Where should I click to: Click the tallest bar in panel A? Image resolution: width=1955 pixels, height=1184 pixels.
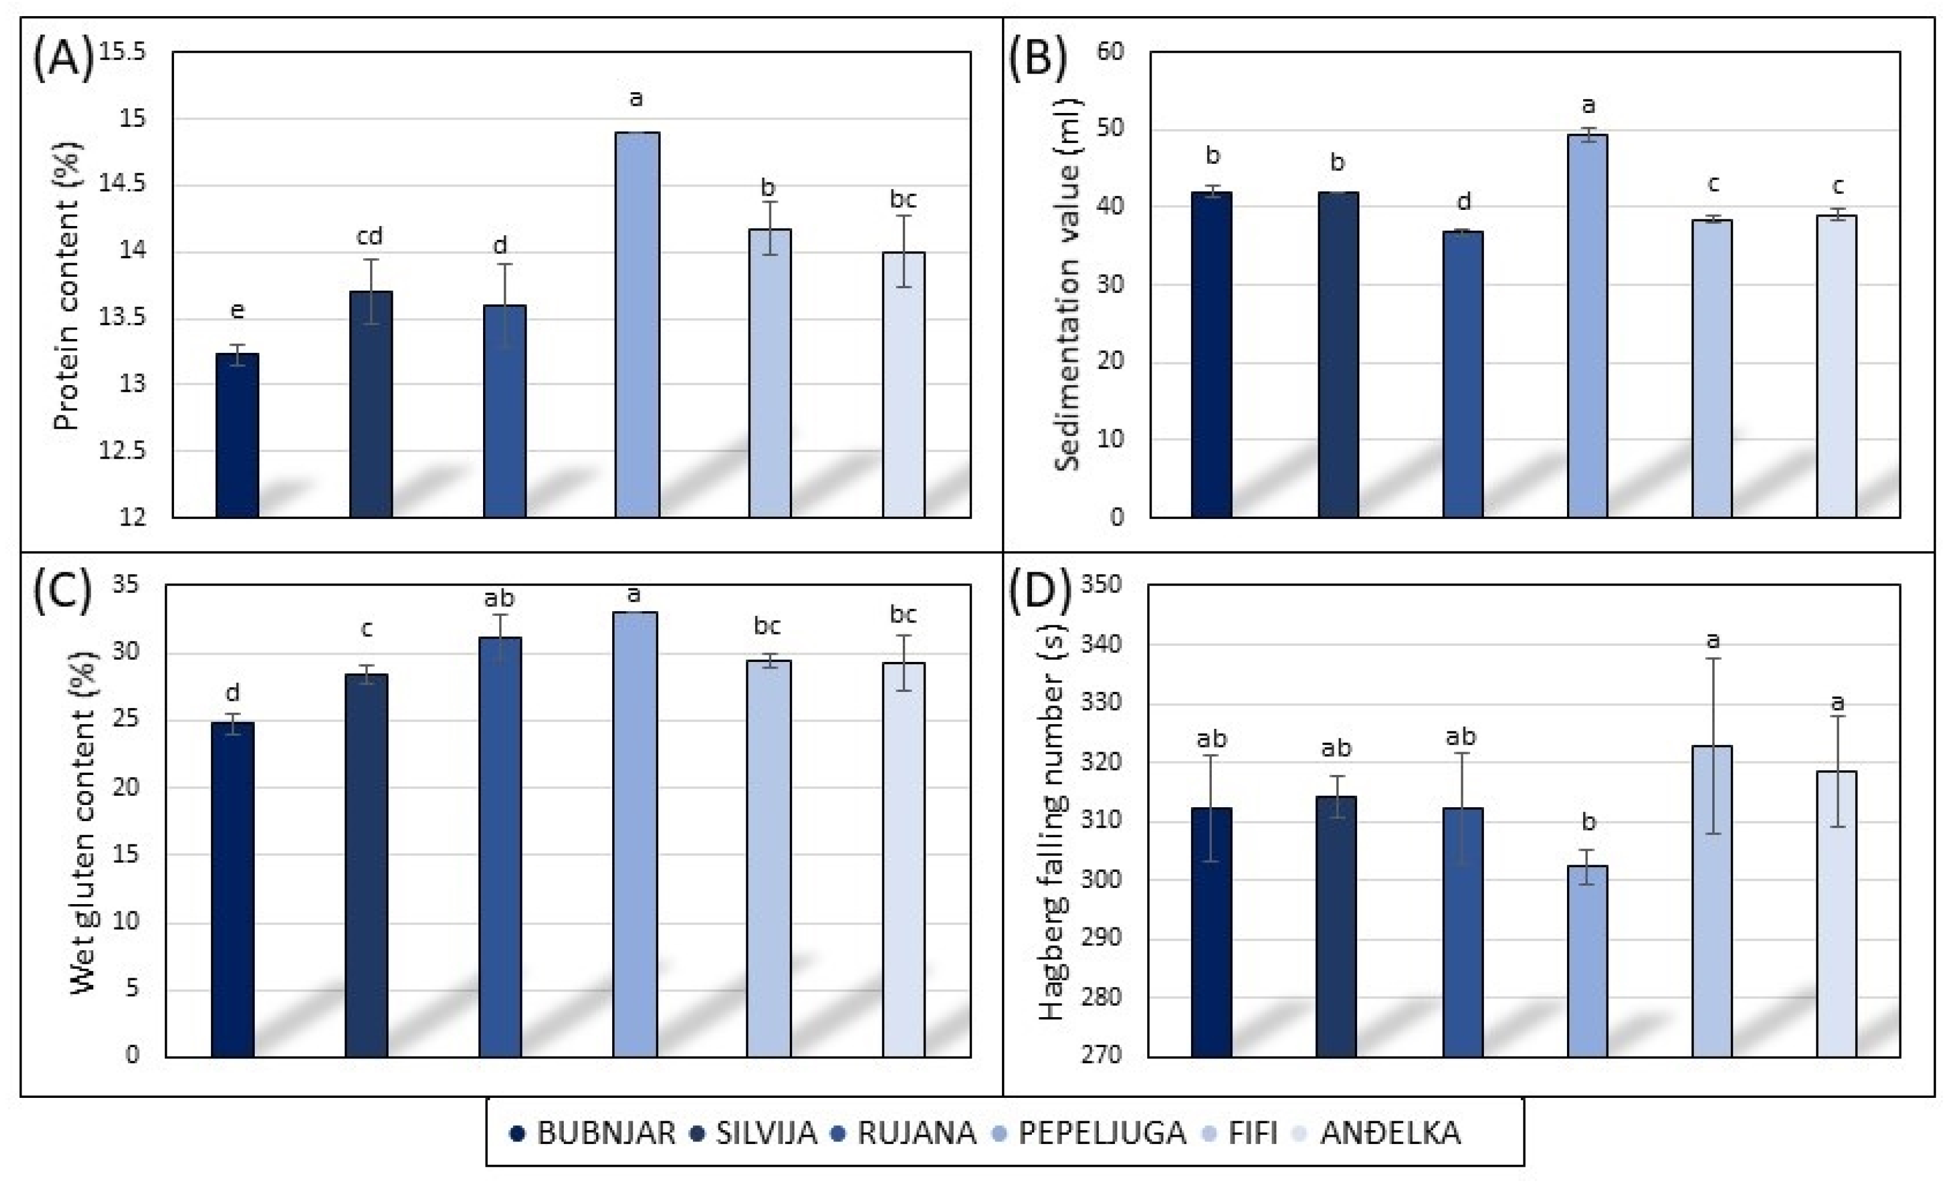pyautogui.click(x=637, y=325)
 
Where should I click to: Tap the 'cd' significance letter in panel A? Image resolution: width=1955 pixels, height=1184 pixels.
pyautogui.click(x=369, y=236)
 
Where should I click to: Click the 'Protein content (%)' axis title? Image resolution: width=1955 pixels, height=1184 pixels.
pyautogui.click(x=68, y=286)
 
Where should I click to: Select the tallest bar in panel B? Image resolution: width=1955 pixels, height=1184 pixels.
pyautogui.click(x=1588, y=325)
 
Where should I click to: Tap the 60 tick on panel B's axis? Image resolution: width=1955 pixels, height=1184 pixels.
pyautogui.click(x=1110, y=51)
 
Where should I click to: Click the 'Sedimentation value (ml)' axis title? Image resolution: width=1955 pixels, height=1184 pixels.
pyautogui.click(x=1068, y=286)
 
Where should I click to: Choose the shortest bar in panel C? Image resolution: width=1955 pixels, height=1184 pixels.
pyautogui.click(x=233, y=889)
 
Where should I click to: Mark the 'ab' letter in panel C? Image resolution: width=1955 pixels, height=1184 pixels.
pyautogui.click(x=499, y=597)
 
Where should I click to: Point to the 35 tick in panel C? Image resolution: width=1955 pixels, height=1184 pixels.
pyautogui.click(x=124, y=585)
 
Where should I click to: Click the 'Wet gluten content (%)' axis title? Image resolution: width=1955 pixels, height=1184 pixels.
pyautogui.click(x=83, y=822)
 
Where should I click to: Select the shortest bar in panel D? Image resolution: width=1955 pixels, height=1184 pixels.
pyautogui.click(x=1588, y=961)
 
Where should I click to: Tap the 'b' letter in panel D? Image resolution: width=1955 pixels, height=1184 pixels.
pyautogui.click(x=1589, y=822)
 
